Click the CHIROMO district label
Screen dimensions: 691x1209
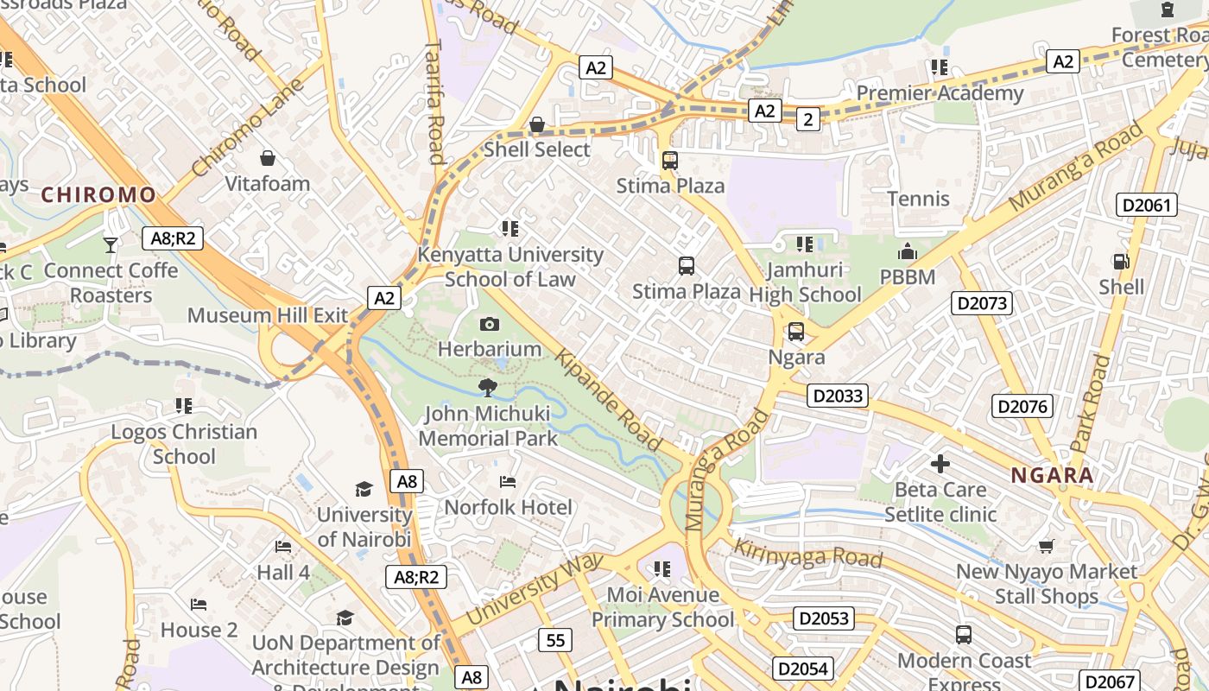98,195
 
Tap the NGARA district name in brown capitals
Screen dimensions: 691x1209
1052,475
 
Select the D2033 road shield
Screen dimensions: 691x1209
837,396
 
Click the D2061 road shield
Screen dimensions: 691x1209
1147,205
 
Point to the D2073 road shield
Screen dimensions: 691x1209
981,303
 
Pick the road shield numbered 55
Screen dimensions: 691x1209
554,640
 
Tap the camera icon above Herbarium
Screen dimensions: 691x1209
490,324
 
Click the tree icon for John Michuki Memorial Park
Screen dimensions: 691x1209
487,387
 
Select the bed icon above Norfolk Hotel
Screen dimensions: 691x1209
508,481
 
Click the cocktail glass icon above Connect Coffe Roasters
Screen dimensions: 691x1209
111,245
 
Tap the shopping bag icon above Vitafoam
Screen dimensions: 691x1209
268,158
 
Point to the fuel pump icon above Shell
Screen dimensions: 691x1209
1121,261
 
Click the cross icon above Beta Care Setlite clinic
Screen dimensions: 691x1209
940,464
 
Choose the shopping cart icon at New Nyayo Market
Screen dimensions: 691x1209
1047,546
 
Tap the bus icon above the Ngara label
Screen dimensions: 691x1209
796,332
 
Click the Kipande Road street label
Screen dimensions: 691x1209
609,400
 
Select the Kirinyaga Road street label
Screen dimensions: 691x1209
807,554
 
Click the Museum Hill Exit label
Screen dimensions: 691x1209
268,315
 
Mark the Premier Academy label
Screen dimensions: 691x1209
940,92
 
